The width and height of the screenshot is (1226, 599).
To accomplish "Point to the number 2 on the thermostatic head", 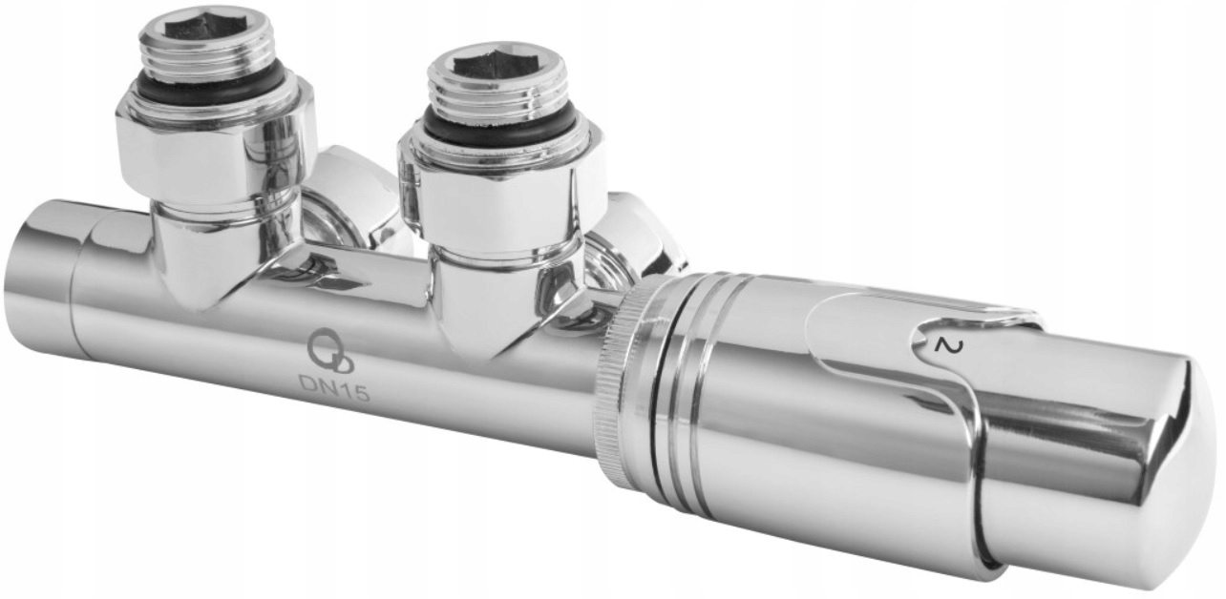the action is point(943,345).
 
